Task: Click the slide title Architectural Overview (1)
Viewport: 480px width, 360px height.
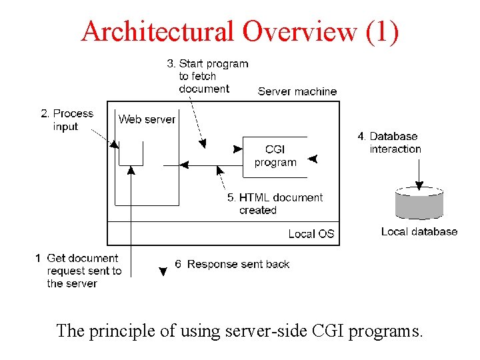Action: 240,31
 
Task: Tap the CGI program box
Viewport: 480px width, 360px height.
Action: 275,156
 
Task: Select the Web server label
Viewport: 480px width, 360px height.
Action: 147,119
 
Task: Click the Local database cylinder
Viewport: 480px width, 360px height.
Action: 419,203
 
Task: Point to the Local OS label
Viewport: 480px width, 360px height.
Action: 311,233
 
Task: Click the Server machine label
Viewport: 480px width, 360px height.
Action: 297,91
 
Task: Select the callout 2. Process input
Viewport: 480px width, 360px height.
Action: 67,120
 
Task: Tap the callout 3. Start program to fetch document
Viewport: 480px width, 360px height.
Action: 207,76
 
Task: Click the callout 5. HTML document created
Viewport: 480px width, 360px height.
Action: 275,203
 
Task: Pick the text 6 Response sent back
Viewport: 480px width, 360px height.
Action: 232,264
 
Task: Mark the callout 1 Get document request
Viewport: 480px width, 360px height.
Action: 78,271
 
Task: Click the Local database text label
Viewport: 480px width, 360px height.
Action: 419,231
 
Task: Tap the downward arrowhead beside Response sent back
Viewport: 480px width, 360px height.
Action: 162,271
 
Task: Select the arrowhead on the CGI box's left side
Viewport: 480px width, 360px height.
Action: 237,150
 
